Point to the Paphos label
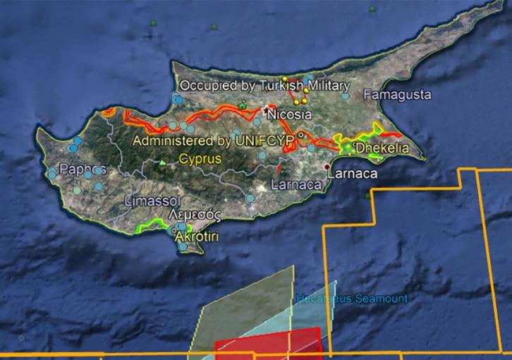83,169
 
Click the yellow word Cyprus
200,158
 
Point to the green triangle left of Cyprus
163,162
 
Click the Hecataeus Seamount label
352,299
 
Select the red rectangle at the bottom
268,343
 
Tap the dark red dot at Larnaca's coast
326,167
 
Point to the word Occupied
205,85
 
